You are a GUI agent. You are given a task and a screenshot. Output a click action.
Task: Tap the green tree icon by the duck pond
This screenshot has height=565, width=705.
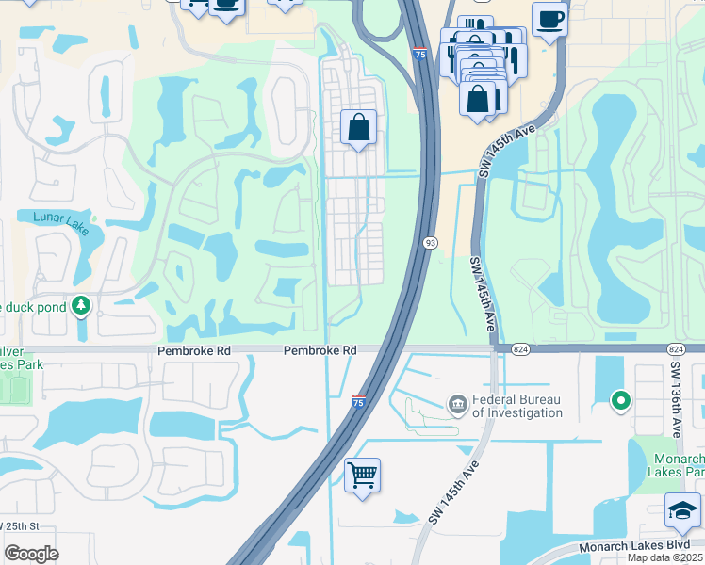[x=82, y=305]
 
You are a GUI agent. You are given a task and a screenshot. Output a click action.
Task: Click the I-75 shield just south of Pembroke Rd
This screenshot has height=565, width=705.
[x=358, y=401]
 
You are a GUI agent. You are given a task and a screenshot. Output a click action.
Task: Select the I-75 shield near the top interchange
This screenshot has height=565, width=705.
[x=418, y=56]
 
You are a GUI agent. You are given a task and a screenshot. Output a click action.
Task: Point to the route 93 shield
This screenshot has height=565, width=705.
[x=430, y=242]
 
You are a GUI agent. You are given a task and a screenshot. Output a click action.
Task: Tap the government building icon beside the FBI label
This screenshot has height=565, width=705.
[x=457, y=405]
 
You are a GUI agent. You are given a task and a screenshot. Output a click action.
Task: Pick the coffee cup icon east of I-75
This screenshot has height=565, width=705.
[x=549, y=19]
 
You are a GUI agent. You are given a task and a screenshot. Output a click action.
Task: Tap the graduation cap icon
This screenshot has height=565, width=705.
[x=682, y=510]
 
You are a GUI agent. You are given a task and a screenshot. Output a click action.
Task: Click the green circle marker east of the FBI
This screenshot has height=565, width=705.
[x=620, y=401]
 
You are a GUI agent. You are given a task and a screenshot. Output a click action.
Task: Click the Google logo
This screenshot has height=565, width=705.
[x=31, y=554]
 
